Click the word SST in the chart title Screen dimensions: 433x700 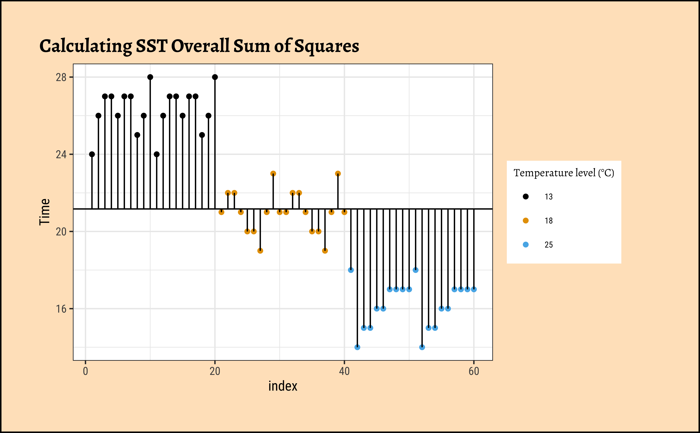(151, 46)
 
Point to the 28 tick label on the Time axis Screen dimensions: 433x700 (61, 77)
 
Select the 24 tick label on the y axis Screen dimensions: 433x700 (61, 155)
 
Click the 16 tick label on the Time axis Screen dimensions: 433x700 (61, 309)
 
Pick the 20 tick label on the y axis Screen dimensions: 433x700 (61, 232)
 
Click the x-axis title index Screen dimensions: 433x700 (283, 386)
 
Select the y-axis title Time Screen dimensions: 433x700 (45, 212)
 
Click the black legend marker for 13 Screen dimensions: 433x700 (525, 196)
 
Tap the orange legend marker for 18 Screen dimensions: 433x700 (525, 221)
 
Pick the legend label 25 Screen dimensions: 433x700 (548, 245)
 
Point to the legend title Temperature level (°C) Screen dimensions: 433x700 (563, 173)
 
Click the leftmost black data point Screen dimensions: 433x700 (92, 154)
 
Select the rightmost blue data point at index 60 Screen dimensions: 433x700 (474, 289)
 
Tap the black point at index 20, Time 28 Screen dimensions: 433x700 (215, 77)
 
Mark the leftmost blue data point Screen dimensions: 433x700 (351, 270)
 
